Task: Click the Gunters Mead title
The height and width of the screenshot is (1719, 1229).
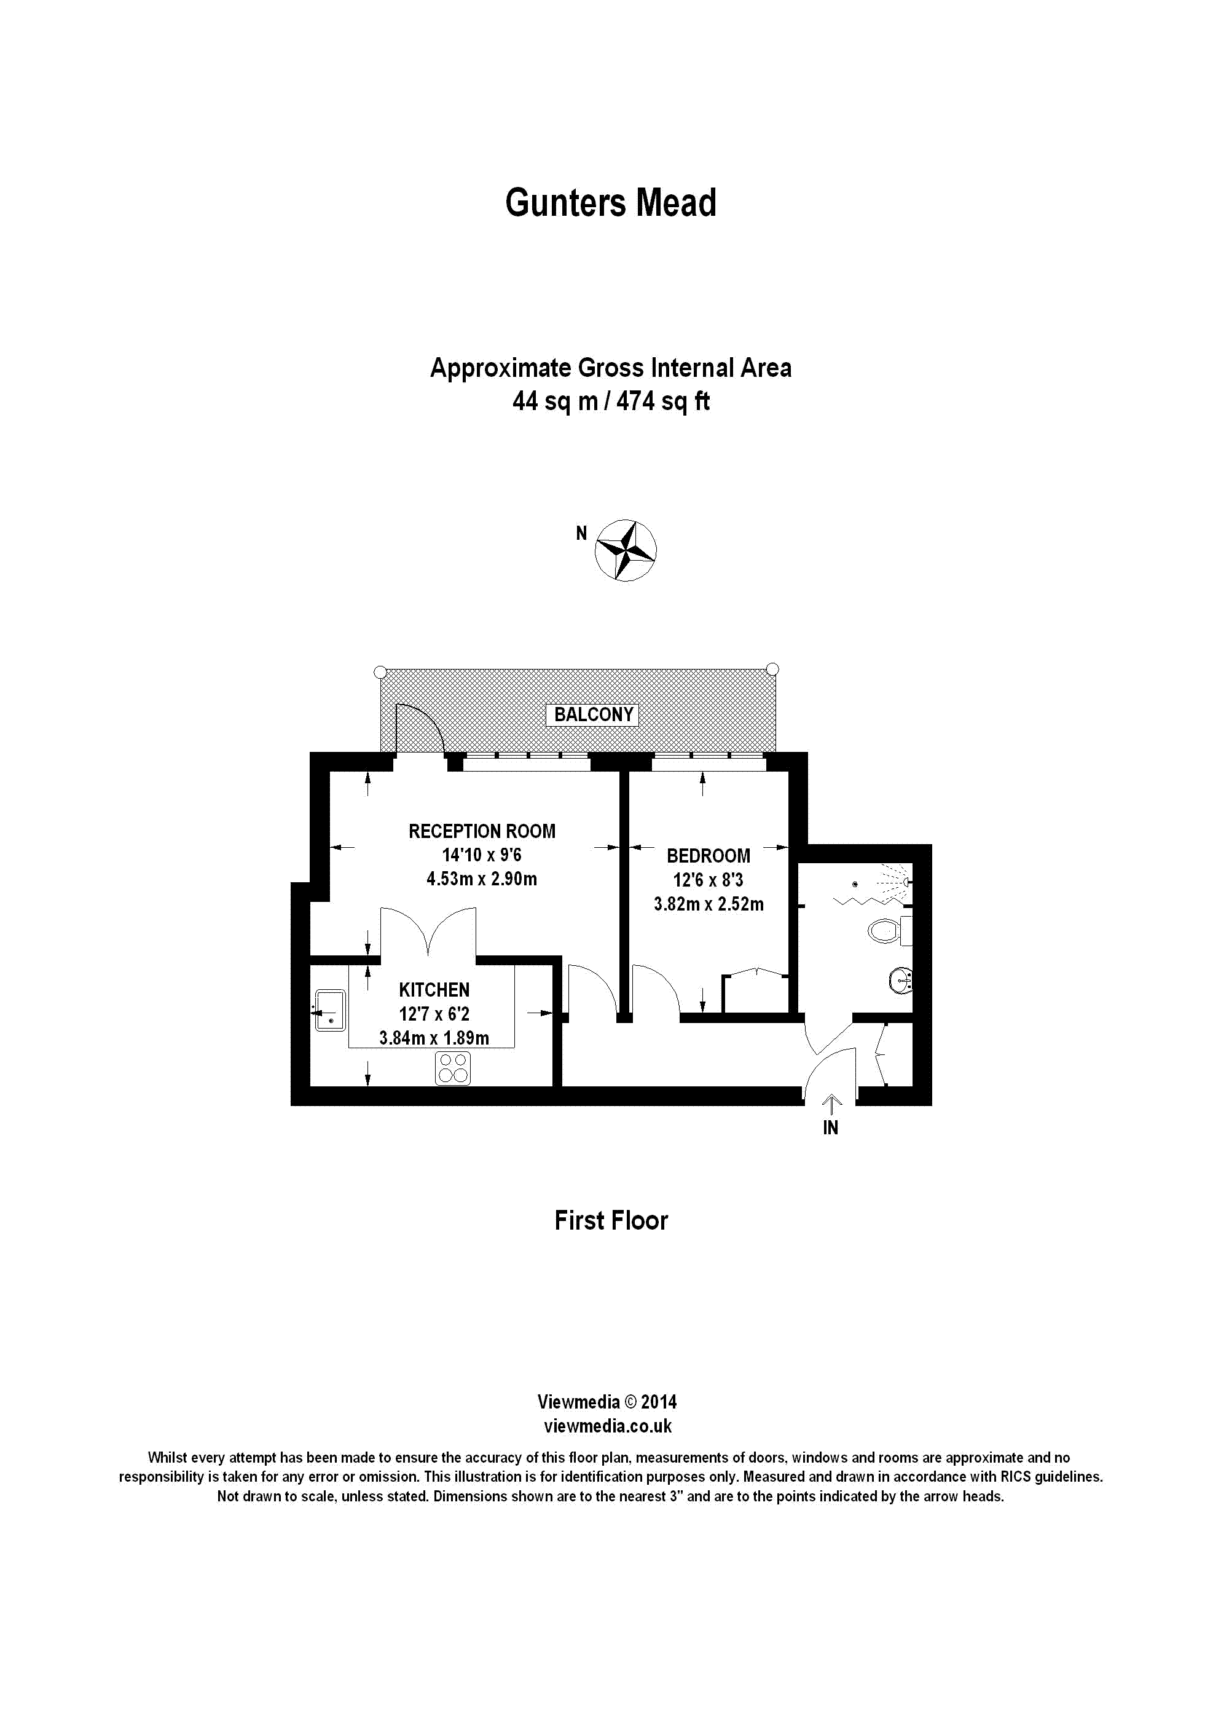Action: pos(611,203)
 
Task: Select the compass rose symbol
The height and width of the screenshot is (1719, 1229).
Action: pos(625,550)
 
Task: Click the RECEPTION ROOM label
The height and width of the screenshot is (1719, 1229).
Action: pos(482,831)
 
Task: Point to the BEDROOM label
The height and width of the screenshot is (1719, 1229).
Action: pos(709,855)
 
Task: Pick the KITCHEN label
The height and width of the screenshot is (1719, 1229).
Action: pos(434,989)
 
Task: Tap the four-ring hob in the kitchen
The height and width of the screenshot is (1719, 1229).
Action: pos(452,1067)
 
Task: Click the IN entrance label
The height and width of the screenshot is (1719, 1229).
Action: pos(831,1128)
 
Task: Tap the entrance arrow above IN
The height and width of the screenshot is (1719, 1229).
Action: pos(831,1104)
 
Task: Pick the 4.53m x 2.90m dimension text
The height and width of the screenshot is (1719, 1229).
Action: pos(482,879)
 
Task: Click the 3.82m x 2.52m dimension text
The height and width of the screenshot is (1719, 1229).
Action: pos(709,904)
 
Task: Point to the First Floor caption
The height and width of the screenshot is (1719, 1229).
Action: pos(611,1221)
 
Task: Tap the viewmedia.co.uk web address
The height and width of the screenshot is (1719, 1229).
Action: pos(608,1427)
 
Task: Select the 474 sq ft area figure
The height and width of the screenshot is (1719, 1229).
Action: pos(663,401)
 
